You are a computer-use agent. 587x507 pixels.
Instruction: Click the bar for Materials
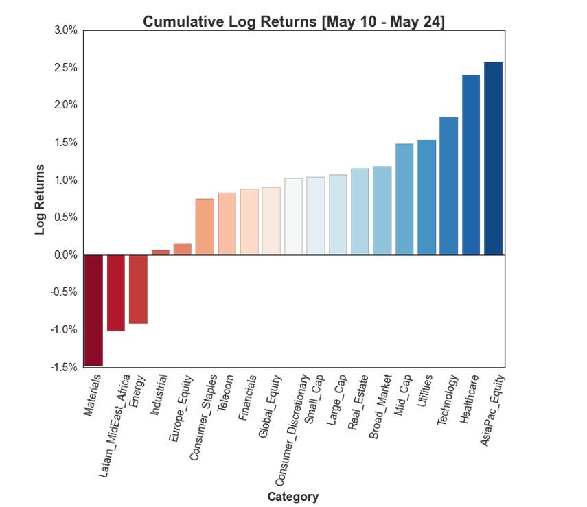(x=93, y=310)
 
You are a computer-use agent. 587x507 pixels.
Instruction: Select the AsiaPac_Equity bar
(x=493, y=158)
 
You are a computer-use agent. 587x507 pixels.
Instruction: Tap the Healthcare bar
(x=471, y=165)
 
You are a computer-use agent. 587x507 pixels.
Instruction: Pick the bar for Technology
(x=448, y=186)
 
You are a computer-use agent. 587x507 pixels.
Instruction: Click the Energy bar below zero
(x=138, y=289)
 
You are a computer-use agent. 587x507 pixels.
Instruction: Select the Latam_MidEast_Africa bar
(x=115, y=292)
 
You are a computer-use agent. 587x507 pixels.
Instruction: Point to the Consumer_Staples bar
(x=205, y=226)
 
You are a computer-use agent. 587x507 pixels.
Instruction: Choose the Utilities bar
(x=426, y=198)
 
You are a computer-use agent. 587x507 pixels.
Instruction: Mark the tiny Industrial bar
(x=160, y=252)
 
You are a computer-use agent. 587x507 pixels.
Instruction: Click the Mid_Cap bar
(x=404, y=199)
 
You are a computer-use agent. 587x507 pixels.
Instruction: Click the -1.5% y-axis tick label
(x=64, y=367)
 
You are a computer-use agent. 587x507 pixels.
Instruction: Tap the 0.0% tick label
(x=65, y=255)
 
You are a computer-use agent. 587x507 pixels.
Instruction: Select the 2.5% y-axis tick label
(x=65, y=68)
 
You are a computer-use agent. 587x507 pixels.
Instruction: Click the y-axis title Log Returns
(x=40, y=199)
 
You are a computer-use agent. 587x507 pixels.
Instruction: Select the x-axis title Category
(x=293, y=496)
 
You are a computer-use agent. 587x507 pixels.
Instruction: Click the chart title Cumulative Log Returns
(x=294, y=21)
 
